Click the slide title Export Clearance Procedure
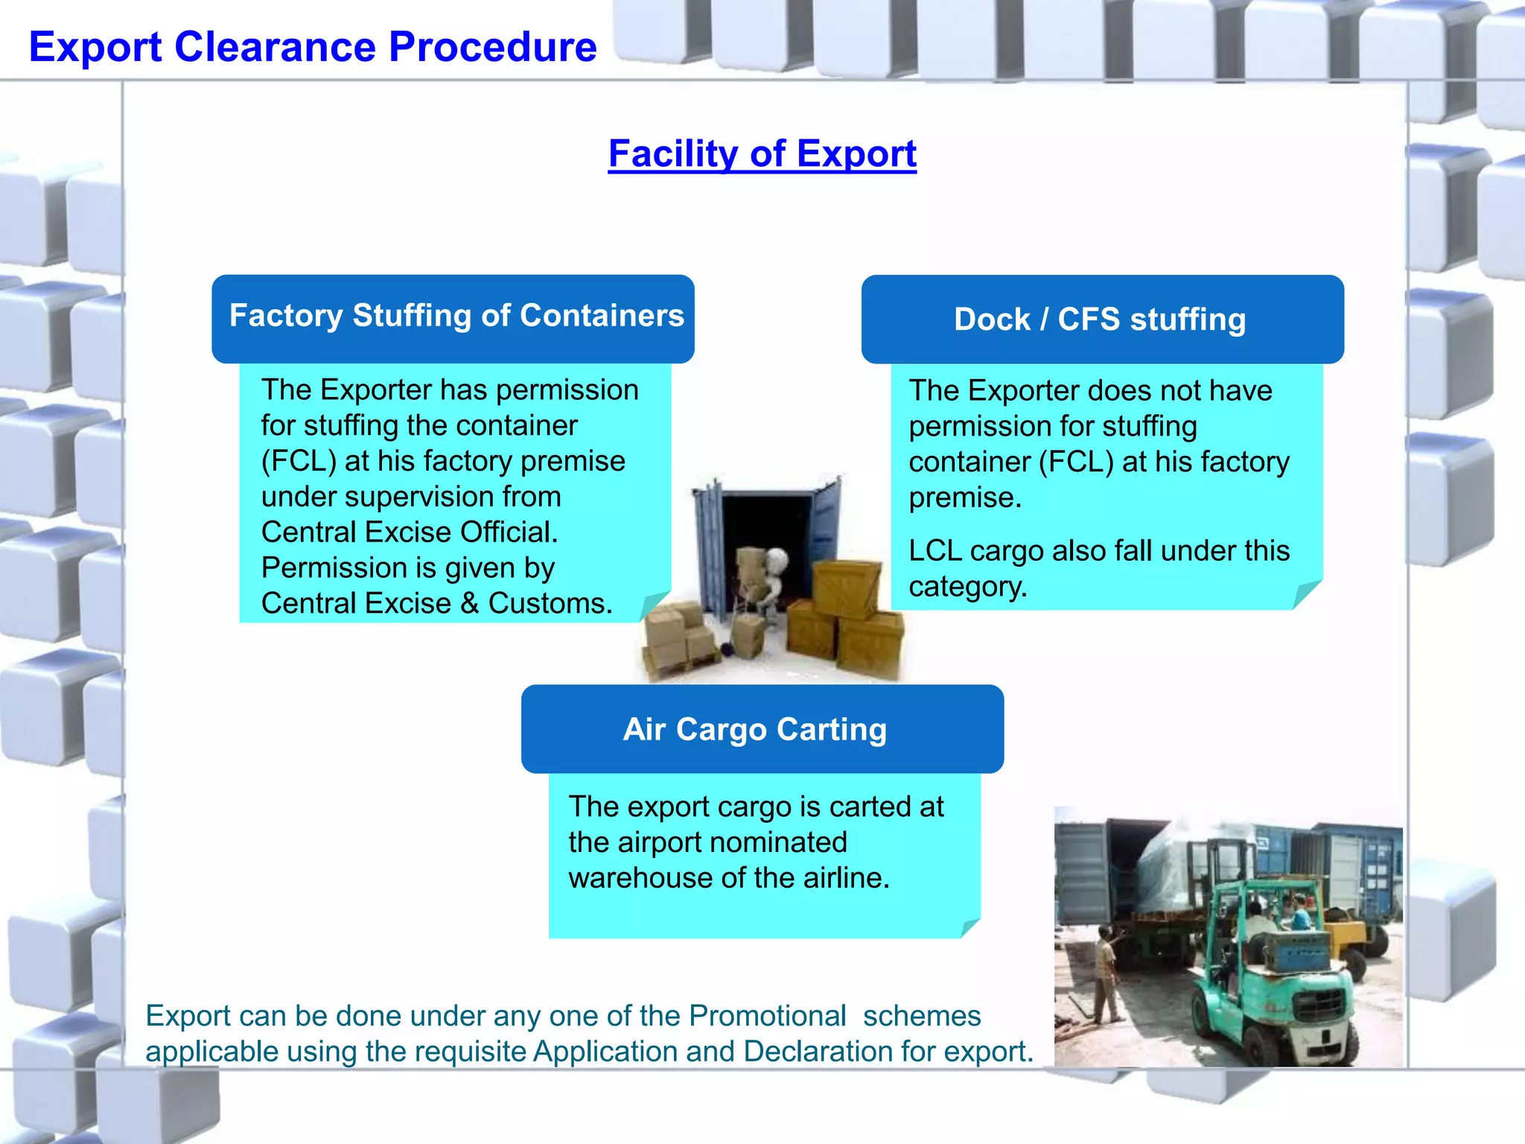pos(313,47)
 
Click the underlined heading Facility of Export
pos(762,154)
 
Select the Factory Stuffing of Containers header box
pos(453,318)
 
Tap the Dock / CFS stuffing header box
pos(1102,320)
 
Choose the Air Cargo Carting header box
pos(762,729)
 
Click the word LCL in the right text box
pos(935,551)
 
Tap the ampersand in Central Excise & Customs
pos(469,603)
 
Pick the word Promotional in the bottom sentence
pos(767,1016)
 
